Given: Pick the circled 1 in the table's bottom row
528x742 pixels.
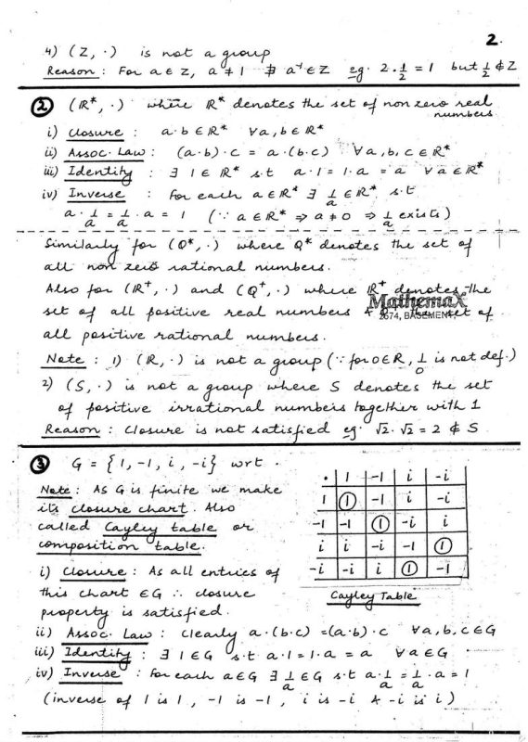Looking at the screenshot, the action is click(438, 566).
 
